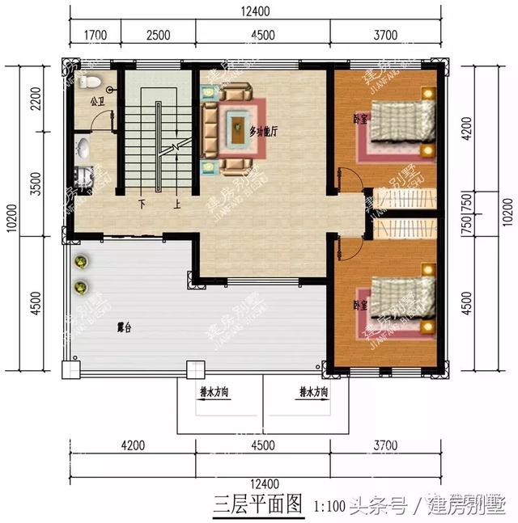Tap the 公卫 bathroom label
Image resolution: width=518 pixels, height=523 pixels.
click(x=97, y=103)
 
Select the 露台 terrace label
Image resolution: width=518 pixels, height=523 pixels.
click(x=125, y=327)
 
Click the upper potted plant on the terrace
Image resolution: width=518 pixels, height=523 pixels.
click(x=81, y=262)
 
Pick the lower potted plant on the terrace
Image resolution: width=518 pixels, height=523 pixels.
click(x=81, y=287)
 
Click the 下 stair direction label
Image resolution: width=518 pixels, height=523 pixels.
click(x=142, y=203)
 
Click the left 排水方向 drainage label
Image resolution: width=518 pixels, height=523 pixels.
click(x=214, y=391)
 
